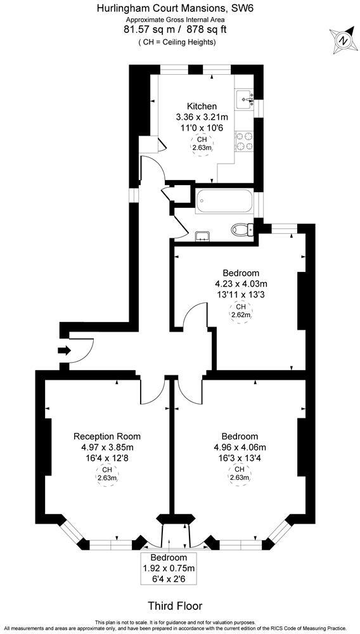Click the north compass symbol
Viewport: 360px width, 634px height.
point(343,40)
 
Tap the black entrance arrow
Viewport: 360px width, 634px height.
point(63,350)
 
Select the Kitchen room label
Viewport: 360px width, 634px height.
point(202,106)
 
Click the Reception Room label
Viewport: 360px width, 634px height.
point(107,436)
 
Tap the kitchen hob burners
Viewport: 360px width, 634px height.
point(245,141)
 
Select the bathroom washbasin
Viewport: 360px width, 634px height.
point(202,236)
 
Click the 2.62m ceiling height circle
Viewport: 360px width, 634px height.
point(240,311)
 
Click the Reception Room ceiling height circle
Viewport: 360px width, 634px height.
point(107,474)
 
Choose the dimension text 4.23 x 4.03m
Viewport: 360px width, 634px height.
point(240,283)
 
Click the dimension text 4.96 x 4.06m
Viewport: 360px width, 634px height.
point(240,448)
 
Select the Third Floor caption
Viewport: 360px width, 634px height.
point(170,605)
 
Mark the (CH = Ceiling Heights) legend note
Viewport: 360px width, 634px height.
point(177,42)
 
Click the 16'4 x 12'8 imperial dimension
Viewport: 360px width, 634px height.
point(107,459)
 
